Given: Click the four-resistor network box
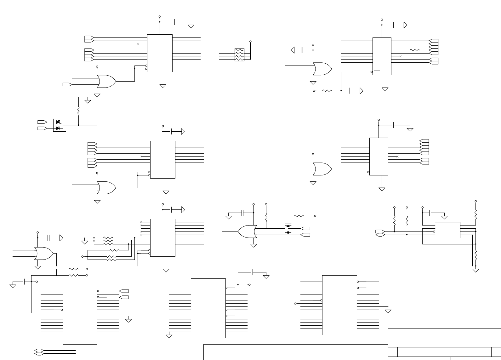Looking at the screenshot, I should [239, 55].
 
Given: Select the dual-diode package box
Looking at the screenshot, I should [60, 125].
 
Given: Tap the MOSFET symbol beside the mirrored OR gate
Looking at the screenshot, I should [288, 229].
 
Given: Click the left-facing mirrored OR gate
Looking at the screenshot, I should [248, 232].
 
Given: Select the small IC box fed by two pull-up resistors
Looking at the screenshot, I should [447, 230].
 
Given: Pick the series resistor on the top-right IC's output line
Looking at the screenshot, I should [415, 50].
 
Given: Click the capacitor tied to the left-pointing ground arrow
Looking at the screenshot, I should [302, 50].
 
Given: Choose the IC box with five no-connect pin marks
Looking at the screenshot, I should [162, 237].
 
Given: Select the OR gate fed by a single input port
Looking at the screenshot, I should [107, 81].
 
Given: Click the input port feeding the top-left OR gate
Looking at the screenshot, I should [67, 84].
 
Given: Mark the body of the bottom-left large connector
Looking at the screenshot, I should [80, 314].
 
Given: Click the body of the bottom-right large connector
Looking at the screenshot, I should [339, 305].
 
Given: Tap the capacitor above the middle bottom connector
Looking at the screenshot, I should [252, 272].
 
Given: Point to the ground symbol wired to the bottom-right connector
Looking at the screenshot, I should [388, 311].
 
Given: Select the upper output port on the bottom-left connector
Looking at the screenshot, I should [124, 291].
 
